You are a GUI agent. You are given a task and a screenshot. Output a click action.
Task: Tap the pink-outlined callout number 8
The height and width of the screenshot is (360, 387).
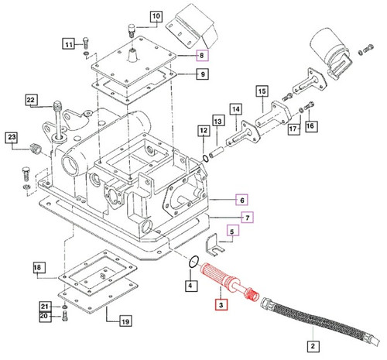coord(201,56)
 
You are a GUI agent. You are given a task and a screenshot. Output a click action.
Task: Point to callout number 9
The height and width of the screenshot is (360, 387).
coord(201,75)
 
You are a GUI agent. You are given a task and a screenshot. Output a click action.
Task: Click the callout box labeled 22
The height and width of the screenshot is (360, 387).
coord(31,100)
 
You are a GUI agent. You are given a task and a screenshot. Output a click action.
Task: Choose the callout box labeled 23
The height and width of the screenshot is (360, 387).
coord(12,139)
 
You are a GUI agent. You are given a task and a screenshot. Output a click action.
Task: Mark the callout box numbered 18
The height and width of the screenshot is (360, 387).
coord(38,268)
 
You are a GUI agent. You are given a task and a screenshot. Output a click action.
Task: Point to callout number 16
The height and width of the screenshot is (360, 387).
coord(311,125)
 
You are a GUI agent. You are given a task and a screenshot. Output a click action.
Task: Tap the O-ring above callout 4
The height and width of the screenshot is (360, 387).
coord(197,262)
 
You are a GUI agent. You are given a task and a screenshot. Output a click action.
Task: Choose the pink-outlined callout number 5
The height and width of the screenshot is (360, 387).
coord(231,229)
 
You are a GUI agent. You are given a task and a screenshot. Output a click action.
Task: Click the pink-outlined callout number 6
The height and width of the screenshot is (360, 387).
coord(241,199)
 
